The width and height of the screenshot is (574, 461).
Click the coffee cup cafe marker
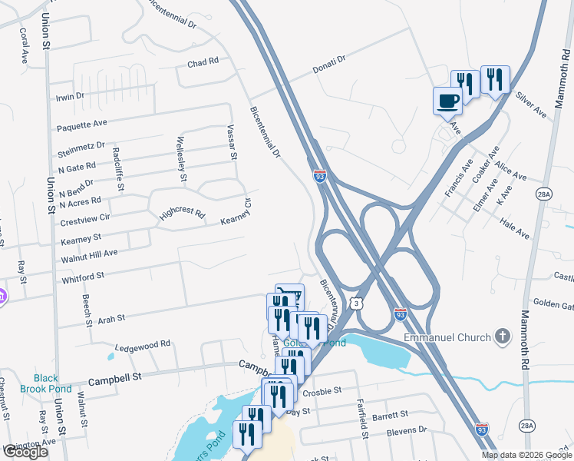click(x=448, y=101)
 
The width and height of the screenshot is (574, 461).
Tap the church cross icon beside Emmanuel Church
click(x=503, y=336)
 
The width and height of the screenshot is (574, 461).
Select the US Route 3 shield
click(x=358, y=304)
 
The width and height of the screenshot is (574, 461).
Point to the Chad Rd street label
click(x=203, y=61)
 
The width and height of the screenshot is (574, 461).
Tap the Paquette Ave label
click(x=82, y=124)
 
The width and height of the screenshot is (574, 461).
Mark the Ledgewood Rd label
click(x=142, y=347)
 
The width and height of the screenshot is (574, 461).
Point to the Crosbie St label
click(x=321, y=391)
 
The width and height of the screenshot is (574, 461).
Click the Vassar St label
click(x=233, y=143)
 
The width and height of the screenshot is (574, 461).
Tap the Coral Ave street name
click(x=24, y=45)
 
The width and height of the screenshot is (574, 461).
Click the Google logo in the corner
click(x=25, y=452)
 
